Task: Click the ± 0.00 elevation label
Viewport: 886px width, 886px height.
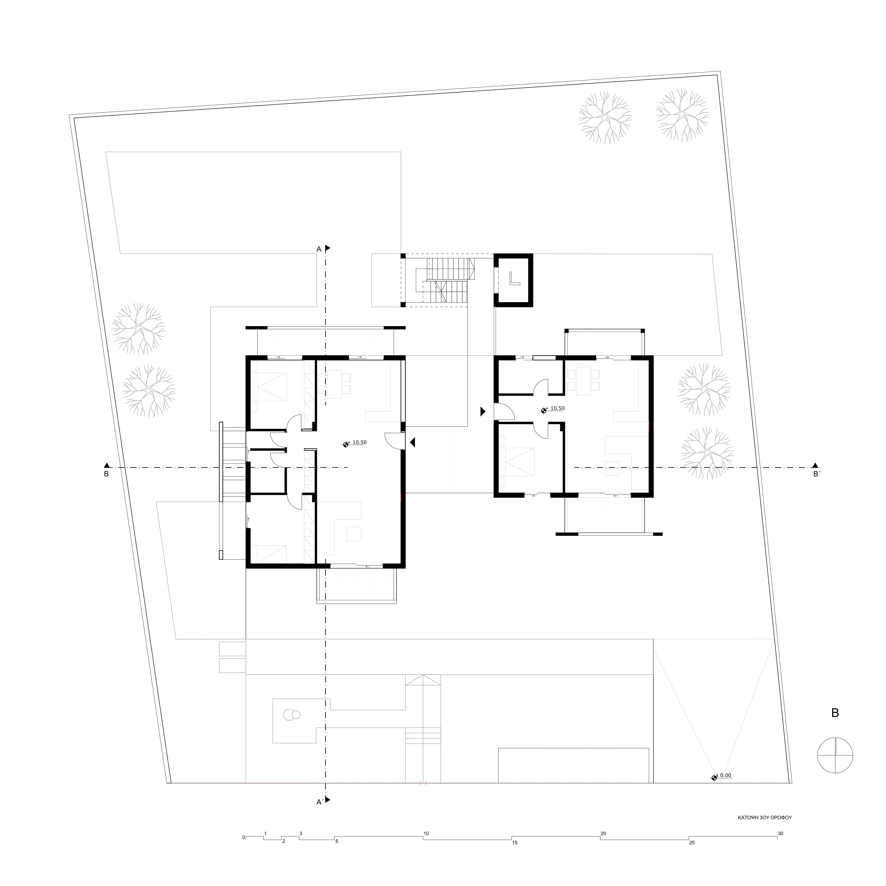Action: [725, 775]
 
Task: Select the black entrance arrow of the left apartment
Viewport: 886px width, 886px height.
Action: [412, 443]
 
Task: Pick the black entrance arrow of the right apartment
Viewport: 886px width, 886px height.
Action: [482, 411]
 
